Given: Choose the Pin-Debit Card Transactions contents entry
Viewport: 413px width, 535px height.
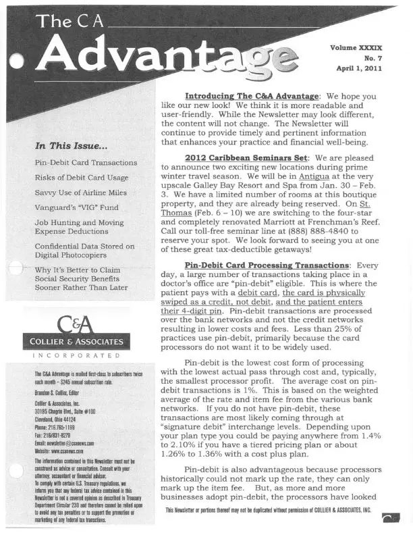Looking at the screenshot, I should tap(86, 163).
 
